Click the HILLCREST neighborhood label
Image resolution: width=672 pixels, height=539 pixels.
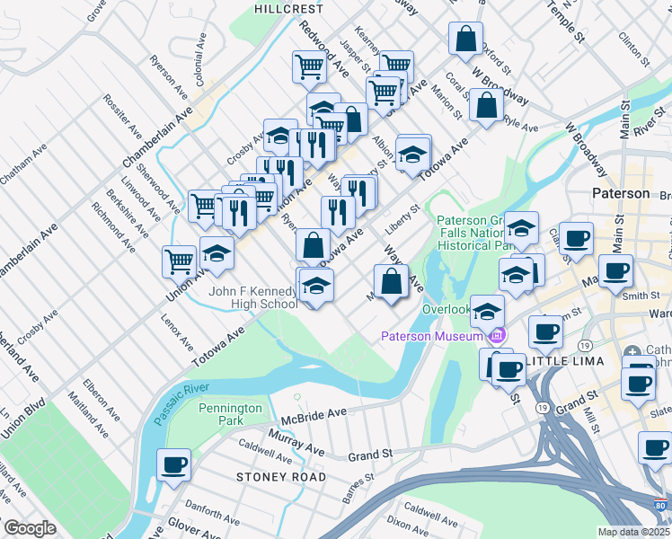288,8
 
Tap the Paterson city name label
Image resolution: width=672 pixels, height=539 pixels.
620,193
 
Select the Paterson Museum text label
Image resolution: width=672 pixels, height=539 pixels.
430,337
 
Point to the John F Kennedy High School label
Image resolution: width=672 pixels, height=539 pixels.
253,297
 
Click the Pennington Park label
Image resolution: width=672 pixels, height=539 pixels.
231,414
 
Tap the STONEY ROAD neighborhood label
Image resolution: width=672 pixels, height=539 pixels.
281,476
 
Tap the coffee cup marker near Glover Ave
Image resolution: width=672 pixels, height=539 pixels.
173,465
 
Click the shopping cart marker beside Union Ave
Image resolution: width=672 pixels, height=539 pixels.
179,261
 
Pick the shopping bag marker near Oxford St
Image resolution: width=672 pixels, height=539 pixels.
465,40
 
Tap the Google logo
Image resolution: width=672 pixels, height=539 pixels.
30,528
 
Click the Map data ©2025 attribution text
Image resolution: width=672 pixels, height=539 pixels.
633,532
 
